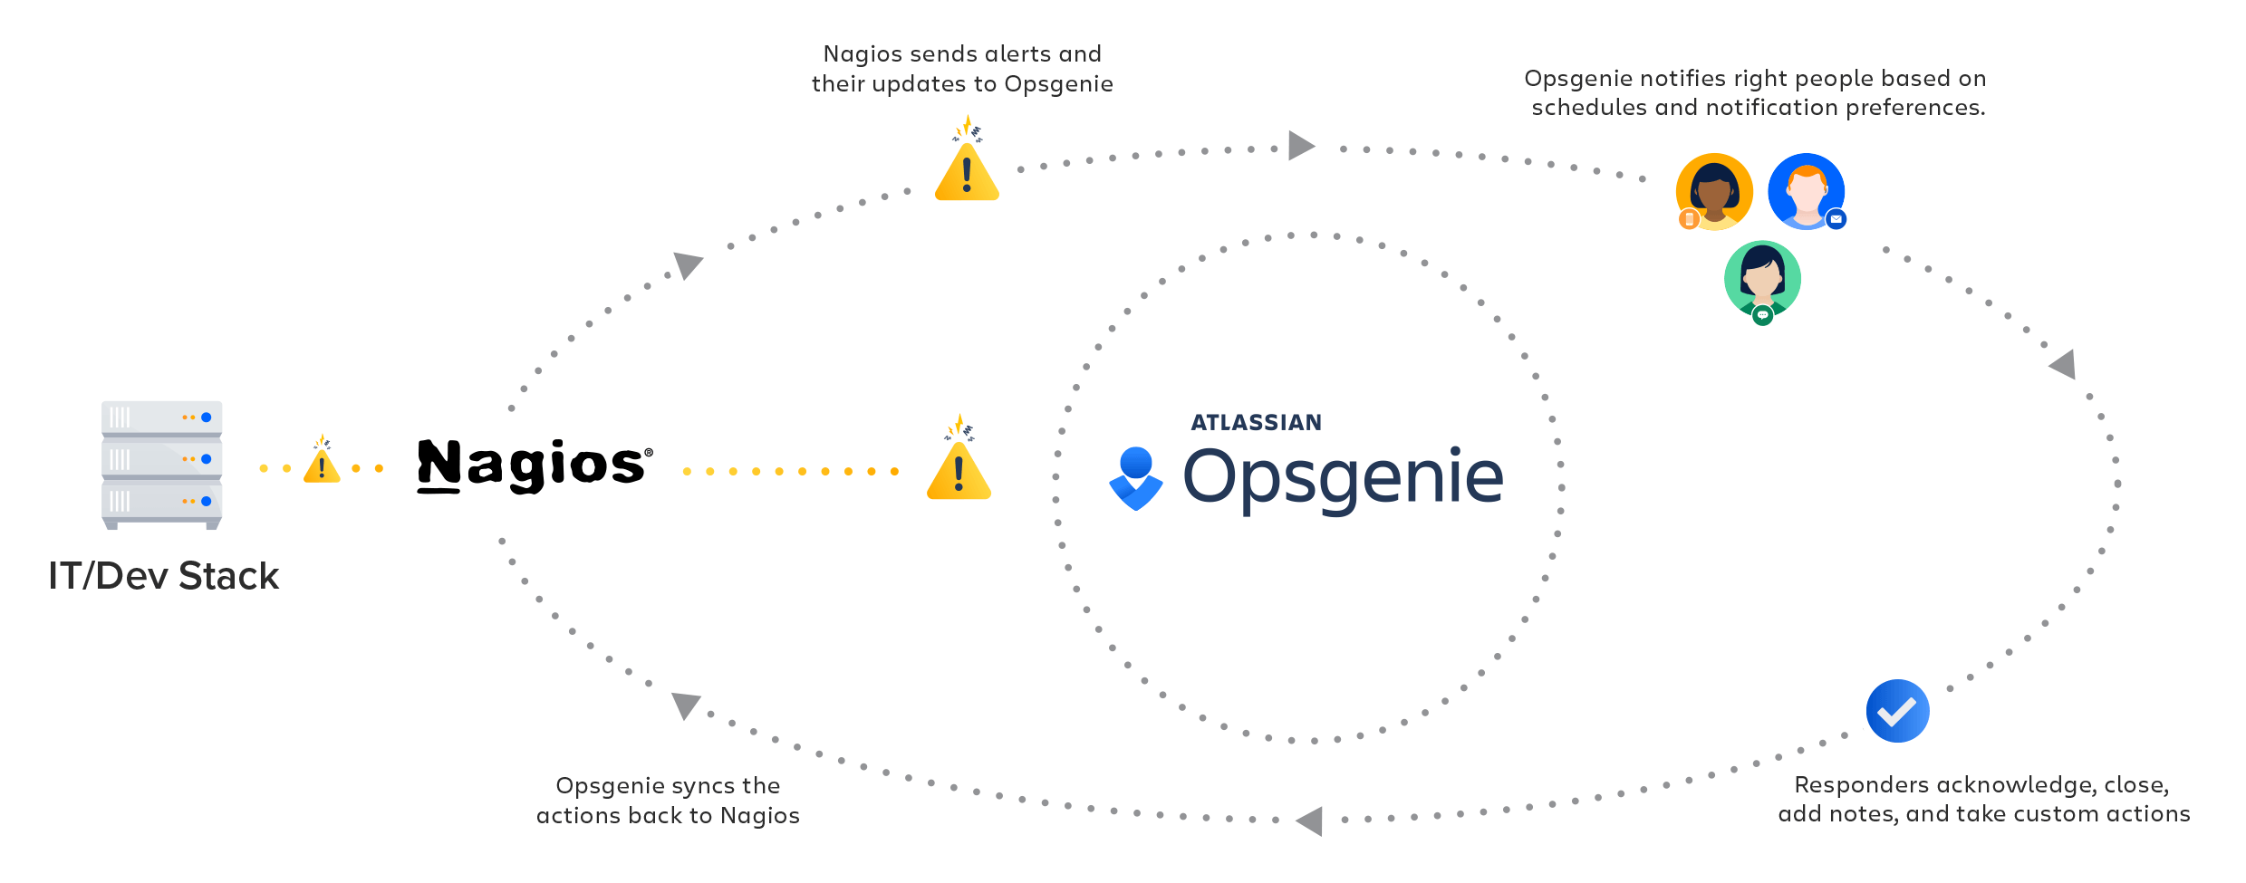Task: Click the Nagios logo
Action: coord(534,465)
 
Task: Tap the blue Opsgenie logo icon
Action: coord(1135,478)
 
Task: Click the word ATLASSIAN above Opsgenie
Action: coord(1256,423)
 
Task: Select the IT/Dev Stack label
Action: coord(163,576)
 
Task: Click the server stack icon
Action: coord(161,464)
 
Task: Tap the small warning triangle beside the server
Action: coord(322,464)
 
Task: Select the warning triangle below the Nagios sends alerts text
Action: coord(967,169)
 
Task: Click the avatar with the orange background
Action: coord(1714,191)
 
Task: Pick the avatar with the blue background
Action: coord(1806,191)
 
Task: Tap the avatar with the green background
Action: coord(1762,279)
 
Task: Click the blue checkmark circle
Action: coord(1897,711)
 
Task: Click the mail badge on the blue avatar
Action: coord(1836,219)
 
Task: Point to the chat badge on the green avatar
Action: coord(1762,315)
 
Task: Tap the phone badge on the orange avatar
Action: coord(1689,219)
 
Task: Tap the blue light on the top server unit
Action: coord(207,418)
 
